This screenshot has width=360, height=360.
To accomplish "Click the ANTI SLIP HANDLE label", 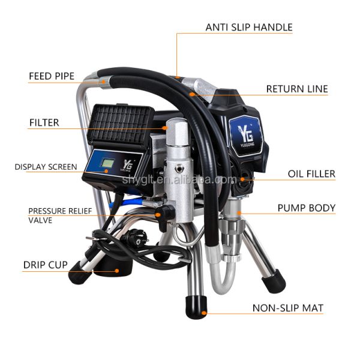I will tap(248, 27).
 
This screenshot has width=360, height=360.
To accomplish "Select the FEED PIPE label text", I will tap(52, 76).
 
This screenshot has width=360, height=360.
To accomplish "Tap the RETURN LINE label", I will tap(297, 89).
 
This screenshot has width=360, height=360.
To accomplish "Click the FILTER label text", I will tap(44, 122).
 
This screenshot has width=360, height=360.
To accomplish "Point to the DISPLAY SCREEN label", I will tap(46, 166).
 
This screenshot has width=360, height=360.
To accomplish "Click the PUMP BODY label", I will tap(306, 208).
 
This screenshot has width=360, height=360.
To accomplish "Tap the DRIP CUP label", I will tap(45, 264).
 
